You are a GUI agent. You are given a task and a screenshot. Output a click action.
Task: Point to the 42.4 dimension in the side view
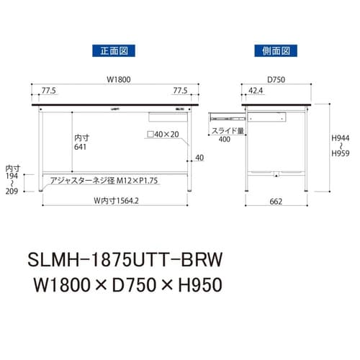coord(254,92)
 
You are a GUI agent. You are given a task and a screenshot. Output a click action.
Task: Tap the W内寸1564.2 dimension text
coord(114,199)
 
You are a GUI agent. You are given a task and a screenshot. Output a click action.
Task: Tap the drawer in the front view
coord(163,114)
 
